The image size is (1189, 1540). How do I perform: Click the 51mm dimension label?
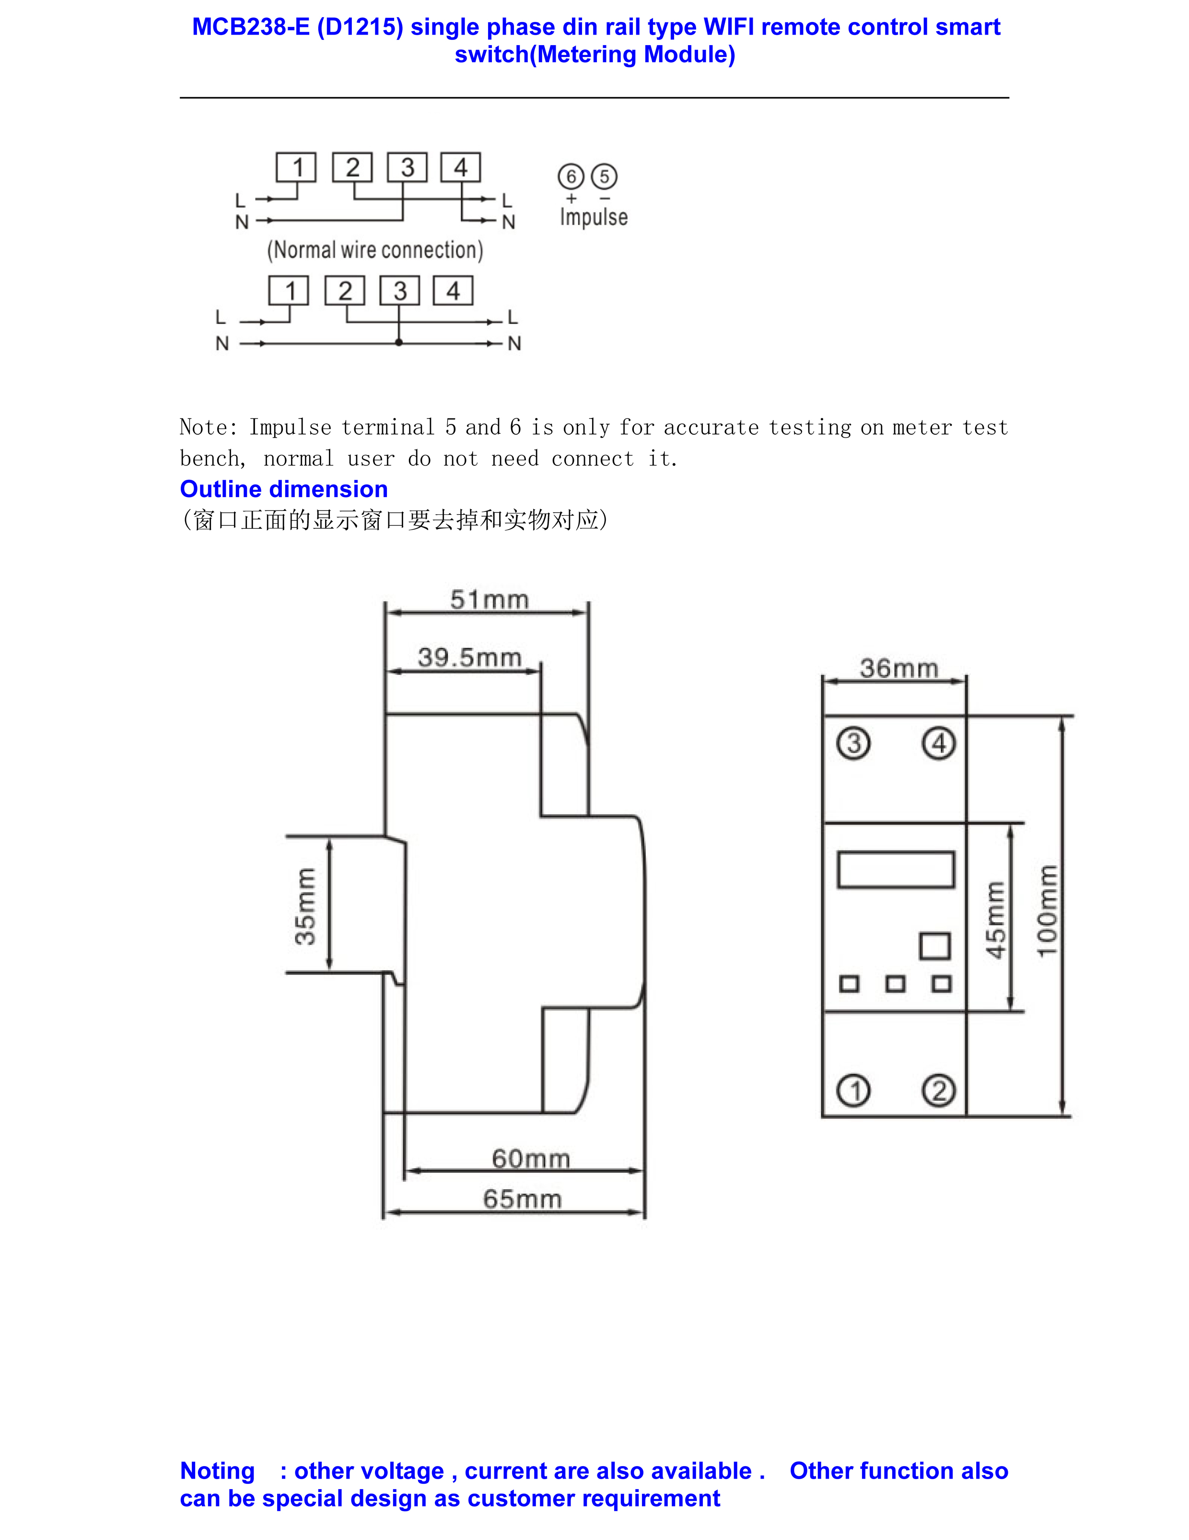[490, 600]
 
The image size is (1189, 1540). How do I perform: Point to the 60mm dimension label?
[531, 1158]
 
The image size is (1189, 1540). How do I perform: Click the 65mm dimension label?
[523, 1199]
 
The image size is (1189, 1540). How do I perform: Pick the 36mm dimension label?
[899, 669]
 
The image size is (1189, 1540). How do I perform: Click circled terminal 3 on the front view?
[853, 743]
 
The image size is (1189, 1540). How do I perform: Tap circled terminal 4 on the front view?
[939, 743]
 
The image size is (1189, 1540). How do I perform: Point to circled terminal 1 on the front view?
[853, 1091]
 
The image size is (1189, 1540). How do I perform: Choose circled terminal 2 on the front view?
[939, 1091]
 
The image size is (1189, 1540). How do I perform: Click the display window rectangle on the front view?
[896, 869]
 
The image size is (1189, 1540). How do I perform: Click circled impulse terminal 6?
[571, 176]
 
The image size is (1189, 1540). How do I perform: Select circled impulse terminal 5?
[604, 176]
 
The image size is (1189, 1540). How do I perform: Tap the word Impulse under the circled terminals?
[594, 217]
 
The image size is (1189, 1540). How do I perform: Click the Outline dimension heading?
[283, 489]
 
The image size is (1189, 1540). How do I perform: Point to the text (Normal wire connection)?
[375, 250]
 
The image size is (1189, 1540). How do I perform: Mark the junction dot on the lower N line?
[399, 343]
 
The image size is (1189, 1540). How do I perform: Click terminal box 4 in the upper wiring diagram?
[461, 168]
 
